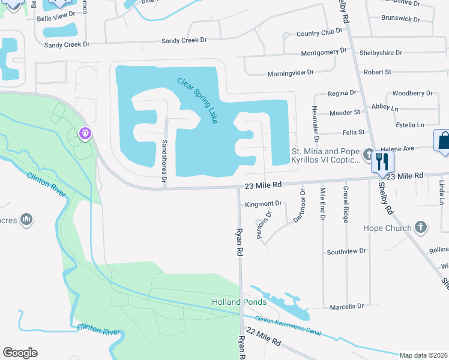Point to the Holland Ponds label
238,302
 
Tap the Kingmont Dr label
264,204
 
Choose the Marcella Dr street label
346,307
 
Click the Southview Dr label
346,251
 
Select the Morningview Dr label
291,73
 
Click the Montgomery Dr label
324,52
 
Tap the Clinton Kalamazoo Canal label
288,326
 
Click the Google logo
20,353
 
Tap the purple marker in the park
86,133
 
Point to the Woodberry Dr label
412,93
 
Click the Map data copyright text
424,355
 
